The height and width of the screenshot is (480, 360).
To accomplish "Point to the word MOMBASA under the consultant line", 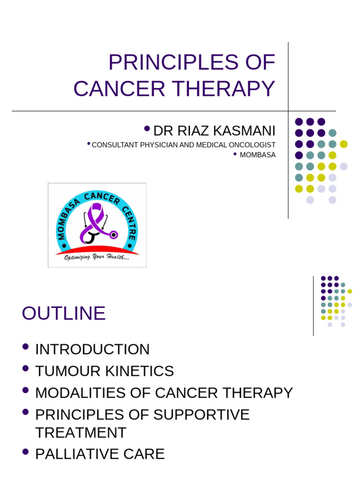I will click(257, 155).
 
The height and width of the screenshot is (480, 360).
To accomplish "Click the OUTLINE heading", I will click(63, 313).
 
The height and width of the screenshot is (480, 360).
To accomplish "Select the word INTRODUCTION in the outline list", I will click(92, 349).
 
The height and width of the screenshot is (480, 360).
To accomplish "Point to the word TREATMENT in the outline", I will click(81, 432).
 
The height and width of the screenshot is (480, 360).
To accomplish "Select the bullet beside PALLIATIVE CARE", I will click(26, 452).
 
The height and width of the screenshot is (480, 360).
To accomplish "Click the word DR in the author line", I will click(160, 131).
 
